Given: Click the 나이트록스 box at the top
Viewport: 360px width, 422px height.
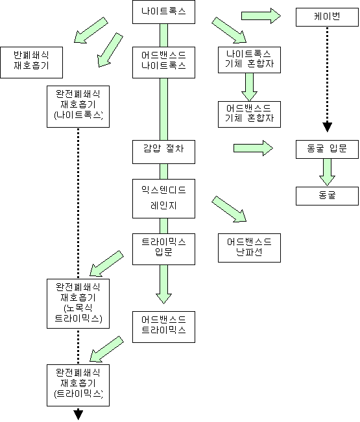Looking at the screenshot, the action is (x=163, y=12).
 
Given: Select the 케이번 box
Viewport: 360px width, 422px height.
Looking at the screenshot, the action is (x=327, y=17).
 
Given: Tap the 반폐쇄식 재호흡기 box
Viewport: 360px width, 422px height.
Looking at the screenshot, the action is (x=32, y=62).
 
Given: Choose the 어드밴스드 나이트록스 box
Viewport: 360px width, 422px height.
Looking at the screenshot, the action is (x=163, y=62).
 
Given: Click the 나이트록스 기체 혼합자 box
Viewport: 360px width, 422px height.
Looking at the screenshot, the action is (x=249, y=60).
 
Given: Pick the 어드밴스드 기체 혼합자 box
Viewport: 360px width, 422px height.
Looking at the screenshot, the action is (x=249, y=114).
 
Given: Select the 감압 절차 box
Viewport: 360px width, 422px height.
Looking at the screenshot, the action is (x=163, y=152).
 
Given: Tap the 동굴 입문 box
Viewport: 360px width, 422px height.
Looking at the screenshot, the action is (x=327, y=149).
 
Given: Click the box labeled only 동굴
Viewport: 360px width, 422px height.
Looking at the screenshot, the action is (x=327, y=196).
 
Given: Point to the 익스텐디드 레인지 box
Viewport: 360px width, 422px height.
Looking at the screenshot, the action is (x=163, y=198).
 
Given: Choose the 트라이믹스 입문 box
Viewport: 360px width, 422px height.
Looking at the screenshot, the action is (x=163, y=249).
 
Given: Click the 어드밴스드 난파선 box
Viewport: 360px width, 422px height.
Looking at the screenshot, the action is (x=249, y=248).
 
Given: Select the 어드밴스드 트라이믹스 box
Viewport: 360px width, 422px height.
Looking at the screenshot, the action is (x=163, y=327).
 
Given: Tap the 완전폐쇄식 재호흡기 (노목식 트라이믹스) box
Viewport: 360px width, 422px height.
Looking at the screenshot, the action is (x=78, y=303).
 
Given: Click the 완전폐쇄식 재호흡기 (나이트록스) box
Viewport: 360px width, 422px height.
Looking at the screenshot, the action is (x=78, y=106).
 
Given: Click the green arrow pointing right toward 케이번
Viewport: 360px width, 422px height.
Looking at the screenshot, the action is (x=261, y=16).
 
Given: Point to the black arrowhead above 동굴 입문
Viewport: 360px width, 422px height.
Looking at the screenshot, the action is (x=327, y=127).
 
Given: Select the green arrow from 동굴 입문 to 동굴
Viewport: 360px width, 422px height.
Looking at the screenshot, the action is (x=327, y=172).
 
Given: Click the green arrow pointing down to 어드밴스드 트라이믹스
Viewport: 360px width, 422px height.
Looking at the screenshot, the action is (x=163, y=284).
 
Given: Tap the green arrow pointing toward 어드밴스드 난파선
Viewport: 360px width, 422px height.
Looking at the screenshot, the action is (x=229, y=209).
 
